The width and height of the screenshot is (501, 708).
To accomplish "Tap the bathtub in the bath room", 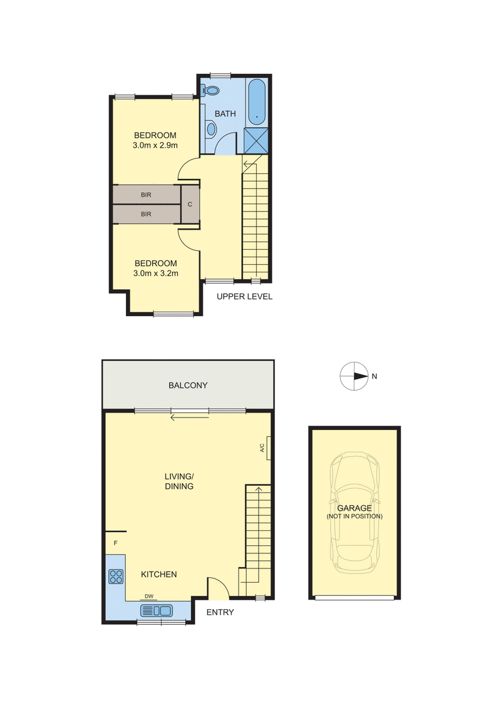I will point(257,101).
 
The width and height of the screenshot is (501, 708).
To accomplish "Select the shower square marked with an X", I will point(256,139).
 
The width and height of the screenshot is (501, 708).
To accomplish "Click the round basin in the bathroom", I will point(211,130).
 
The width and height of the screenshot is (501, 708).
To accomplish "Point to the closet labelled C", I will point(190,204).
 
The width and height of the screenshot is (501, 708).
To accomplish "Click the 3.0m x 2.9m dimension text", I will point(155,146).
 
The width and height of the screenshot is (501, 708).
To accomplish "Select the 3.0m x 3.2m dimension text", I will point(155,274).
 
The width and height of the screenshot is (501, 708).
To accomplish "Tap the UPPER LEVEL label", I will point(244,297).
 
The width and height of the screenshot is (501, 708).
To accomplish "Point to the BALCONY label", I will point(188,386).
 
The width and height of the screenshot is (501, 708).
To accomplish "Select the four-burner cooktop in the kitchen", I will point(116,576).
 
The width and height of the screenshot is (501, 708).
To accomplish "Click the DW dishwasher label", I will point(148,597).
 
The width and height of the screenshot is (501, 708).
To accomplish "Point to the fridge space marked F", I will point(116,543).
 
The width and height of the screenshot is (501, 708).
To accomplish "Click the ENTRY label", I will point(220,612).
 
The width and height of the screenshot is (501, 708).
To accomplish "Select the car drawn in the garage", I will point(355,513).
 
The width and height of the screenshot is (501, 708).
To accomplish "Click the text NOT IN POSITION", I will point(354,516).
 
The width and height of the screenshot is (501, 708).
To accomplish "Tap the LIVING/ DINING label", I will point(179,481).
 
